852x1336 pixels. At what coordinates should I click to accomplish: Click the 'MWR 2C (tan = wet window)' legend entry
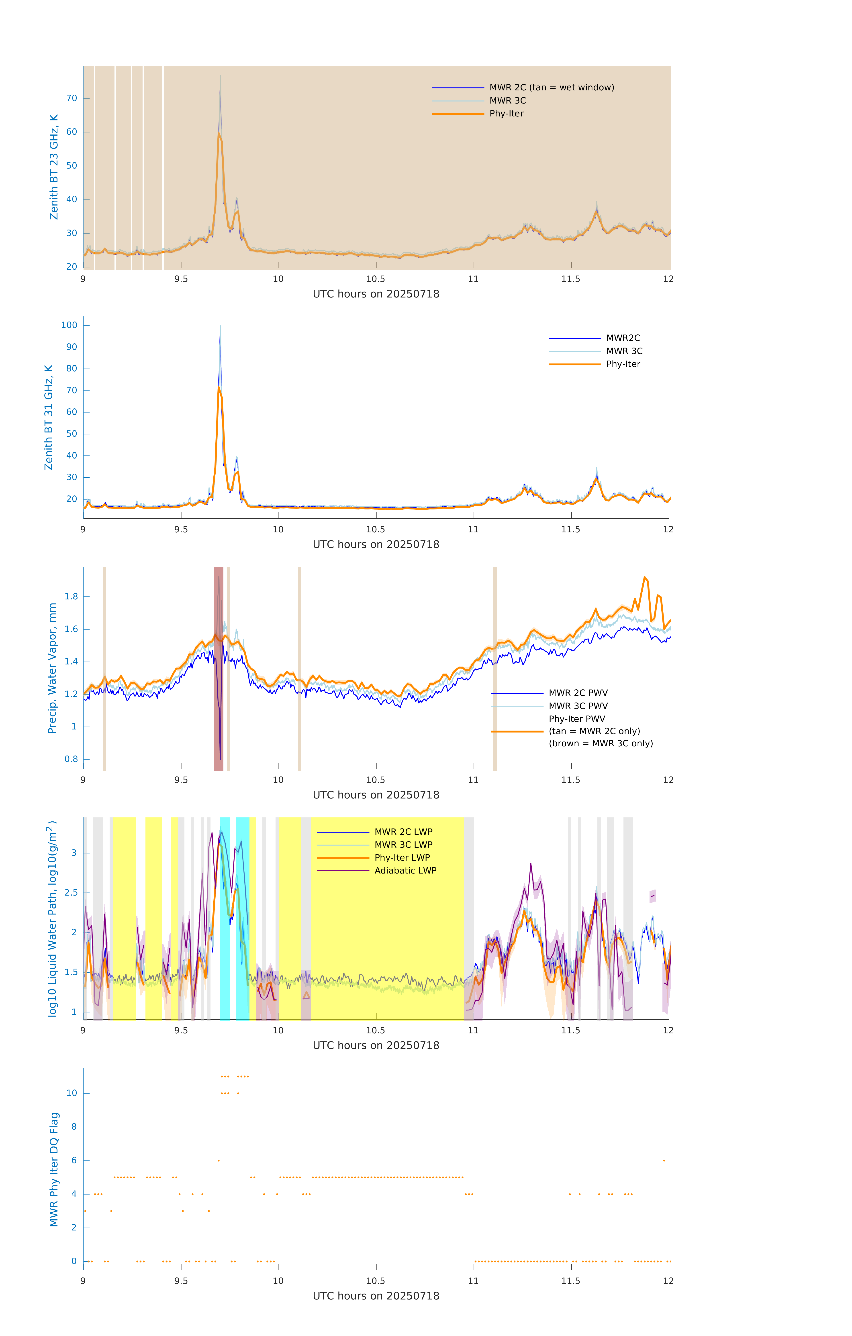[x=551, y=88]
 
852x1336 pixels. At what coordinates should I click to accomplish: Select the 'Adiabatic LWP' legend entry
[x=405, y=870]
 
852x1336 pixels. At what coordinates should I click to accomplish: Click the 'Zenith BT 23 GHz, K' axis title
[x=54, y=167]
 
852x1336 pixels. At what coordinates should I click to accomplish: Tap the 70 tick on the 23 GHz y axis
[x=72, y=98]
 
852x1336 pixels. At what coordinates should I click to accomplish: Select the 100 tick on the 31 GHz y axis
[x=69, y=325]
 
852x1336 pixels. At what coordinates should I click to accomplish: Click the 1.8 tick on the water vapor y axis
[x=71, y=597]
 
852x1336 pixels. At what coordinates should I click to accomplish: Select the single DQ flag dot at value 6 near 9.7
[x=219, y=1160]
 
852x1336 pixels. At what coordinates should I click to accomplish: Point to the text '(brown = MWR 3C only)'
[x=601, y=743]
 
